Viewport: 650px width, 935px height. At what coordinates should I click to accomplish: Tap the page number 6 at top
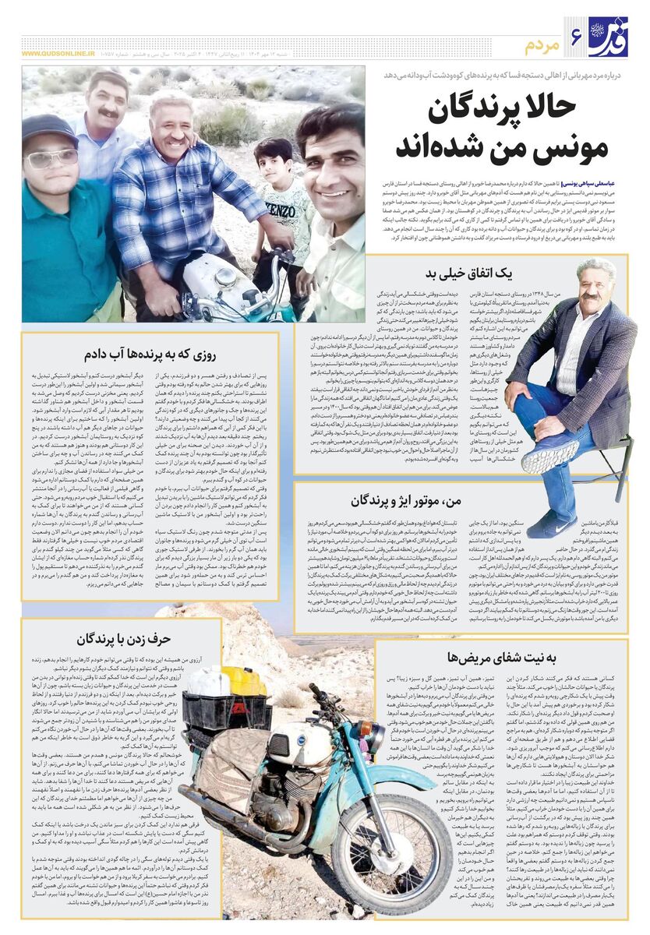tap(577, 36)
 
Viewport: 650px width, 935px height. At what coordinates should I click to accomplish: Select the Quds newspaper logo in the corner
tap(608, 36)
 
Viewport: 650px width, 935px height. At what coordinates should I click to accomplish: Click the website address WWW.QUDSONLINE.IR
tap(58, 54)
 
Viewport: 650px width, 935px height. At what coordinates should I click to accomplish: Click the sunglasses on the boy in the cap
tap(54, 158)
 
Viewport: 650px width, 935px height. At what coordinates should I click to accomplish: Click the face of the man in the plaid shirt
tap(172, 126)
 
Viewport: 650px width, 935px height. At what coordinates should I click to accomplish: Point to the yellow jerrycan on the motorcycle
tap(243, 679)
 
